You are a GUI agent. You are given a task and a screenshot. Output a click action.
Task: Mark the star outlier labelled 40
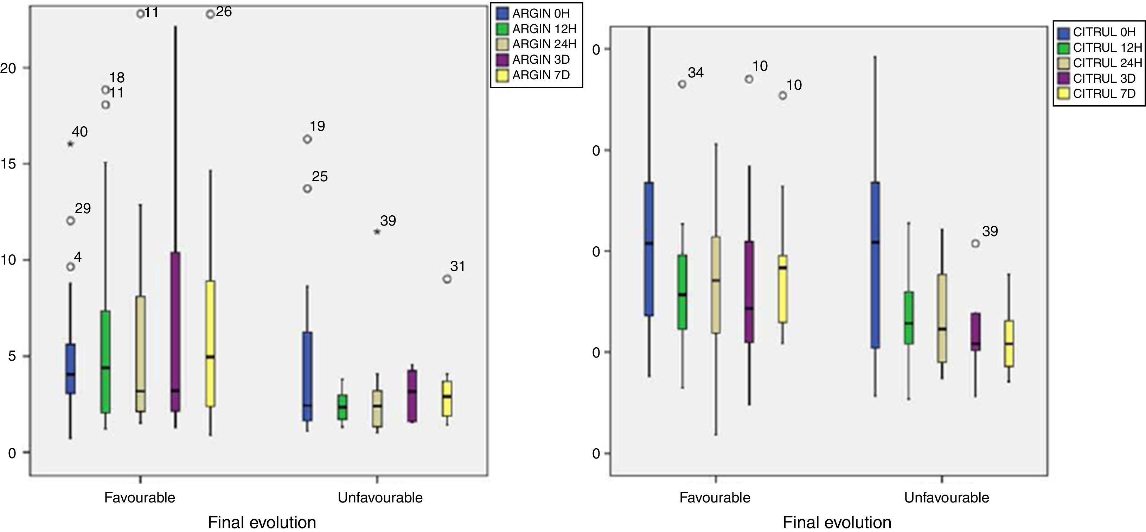pyautogui.click(x=70, y=144)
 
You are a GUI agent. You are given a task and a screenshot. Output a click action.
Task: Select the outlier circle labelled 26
pyautogui.click(x=210, y=14)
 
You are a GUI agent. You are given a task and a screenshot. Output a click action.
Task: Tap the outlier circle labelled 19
pyautogui.click(x=307, y=139)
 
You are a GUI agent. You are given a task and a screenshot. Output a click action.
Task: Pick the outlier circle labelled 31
pyautogui.click(x=447, y=279)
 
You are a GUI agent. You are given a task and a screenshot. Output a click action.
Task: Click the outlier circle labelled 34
pyautogui.click(x=682, y=84)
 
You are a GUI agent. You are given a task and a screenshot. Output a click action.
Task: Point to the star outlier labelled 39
pyautogui.click(x=377, y=232)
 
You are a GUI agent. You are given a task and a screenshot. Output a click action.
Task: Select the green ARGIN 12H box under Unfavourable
pyautogui.click(x=342, y=407)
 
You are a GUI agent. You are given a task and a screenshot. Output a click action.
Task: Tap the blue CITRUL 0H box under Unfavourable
pyautogui.click(x=875, y=265)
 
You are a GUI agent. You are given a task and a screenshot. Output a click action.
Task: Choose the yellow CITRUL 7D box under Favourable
pyautogui.click(x=782, y=289)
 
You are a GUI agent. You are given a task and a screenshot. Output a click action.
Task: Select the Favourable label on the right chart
pyautogui.click(x=715, y=497)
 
